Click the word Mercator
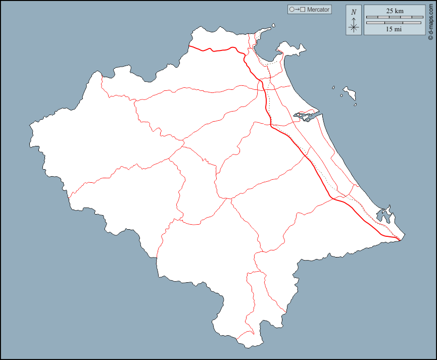318,10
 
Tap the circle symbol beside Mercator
292,10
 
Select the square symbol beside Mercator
303,10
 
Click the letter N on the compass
354,12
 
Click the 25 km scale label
395,11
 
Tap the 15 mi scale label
394,29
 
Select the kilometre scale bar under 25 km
395,17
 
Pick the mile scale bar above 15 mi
394,23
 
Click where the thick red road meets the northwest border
189,46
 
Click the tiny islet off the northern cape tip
273,25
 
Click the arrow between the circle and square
297,10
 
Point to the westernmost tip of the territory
30,124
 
